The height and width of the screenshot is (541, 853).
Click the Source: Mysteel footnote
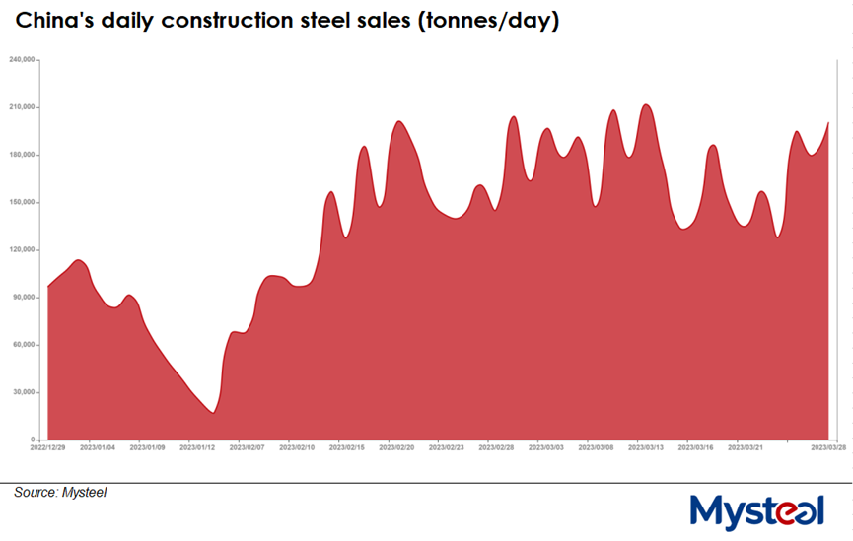[x=60, y=492]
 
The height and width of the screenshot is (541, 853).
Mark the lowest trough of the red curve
[x=213, y=413]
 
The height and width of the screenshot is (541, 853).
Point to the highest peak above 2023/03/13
[x=646, y=104]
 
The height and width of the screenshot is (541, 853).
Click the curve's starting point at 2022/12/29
[x=47, y=287]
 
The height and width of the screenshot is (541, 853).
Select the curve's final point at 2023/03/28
[x=828, y=123]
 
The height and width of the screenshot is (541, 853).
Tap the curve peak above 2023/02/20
[x=398, y=121]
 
